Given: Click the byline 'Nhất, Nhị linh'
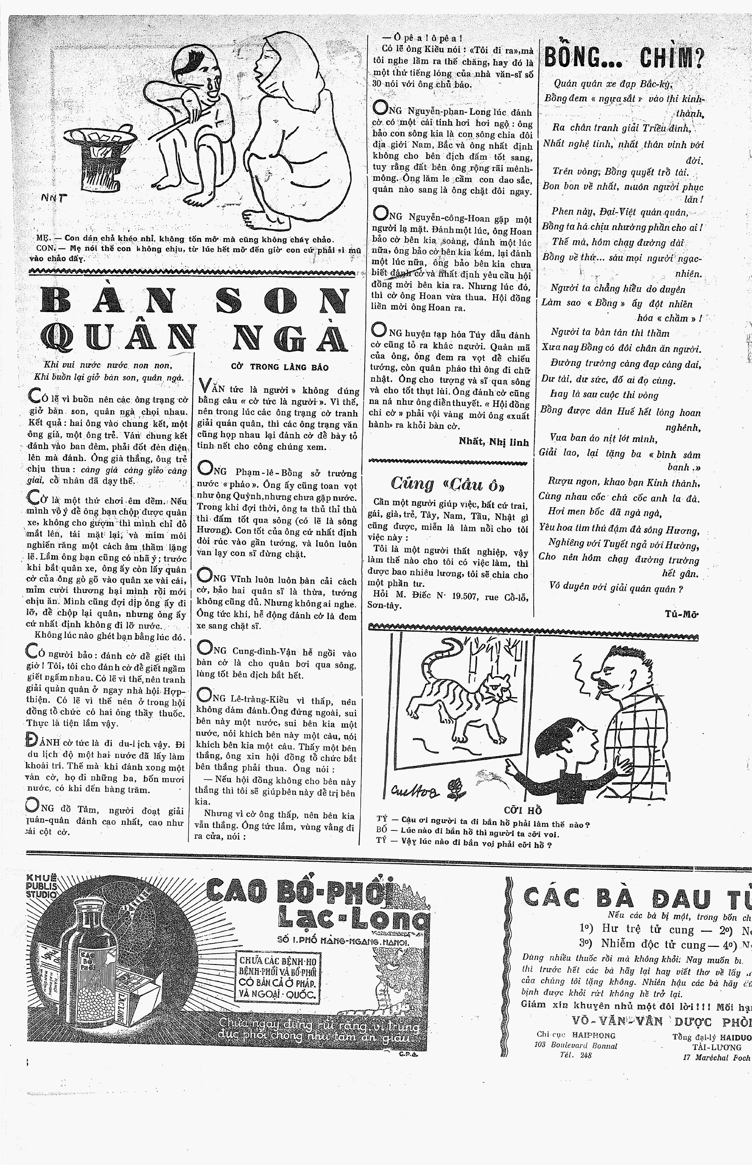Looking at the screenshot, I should [494, 442].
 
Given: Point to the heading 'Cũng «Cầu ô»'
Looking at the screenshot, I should [447, 483].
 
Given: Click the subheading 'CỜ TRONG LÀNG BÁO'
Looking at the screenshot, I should [279, 367].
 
